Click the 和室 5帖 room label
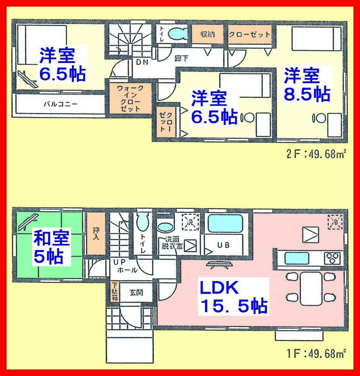[x=51, y=248]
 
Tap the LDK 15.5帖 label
[x=234, y=297]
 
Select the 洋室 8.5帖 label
[x=306, y=85]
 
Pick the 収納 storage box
[x=207, y=34]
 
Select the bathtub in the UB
[x=224, y=223]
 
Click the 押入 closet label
[x=95, y=233]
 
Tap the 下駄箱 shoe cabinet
[x=114, y=289]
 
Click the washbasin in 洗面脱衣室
[x=165, y=227]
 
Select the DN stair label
[x=141, y=62]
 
